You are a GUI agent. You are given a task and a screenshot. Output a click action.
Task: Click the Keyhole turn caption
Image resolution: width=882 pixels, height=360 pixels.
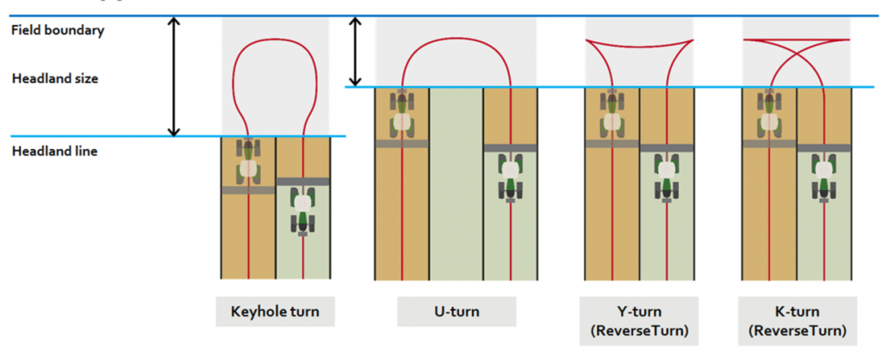click(x=275, y=312)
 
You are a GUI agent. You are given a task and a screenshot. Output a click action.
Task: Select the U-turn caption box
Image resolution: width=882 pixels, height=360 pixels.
click(x=456, y=312)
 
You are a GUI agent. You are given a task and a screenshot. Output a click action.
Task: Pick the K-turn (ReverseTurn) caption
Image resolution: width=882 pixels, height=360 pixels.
click(x=798, y=320)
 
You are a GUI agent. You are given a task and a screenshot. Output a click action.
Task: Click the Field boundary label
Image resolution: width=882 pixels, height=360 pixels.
click(x=58, y=30)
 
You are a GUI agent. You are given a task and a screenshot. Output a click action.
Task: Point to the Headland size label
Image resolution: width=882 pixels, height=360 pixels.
click(x=55, y=78)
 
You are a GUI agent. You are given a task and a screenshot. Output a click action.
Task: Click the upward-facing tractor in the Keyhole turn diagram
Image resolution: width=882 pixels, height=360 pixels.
click(x=248, y=160)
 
